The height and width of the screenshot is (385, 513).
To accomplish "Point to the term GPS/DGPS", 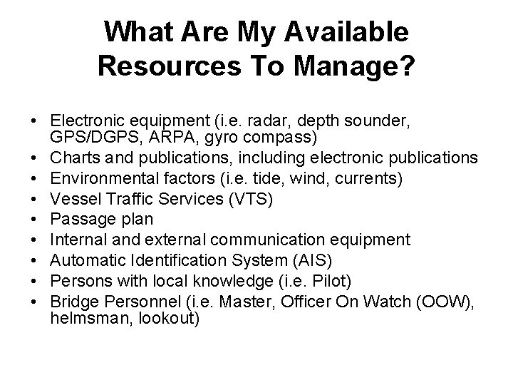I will (x=89, y=136).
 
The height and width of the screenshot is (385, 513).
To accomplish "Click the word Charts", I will (x=75, y=156).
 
